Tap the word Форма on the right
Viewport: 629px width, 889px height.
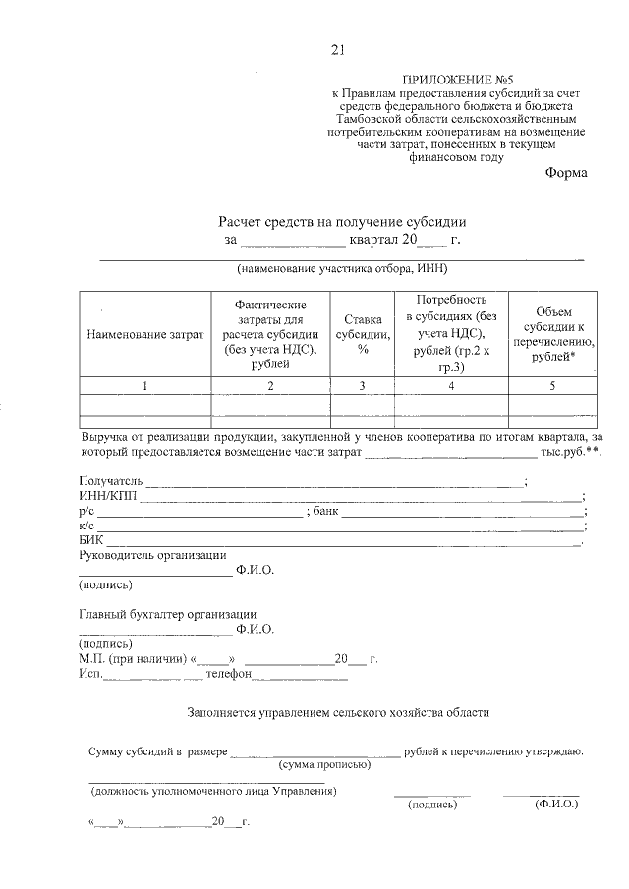pyautogui.click(x=566, y=174)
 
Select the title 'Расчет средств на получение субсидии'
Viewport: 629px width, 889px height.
pyautogui.click(x=342, y=221)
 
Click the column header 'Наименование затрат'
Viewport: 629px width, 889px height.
pyautogui.click(x=144, y=335)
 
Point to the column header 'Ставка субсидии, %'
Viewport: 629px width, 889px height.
pyautogui.click(x=362, y=334)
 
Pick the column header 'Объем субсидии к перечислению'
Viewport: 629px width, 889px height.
pyautogui.click(x=552, y=334)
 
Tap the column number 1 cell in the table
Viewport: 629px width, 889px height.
pyautogui.click(x=144, y=386)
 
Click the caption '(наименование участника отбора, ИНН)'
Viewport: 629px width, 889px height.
pyautogui.click(x=341, y=269)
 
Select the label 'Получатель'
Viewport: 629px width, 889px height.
pyautogui.click(x=111, y=481)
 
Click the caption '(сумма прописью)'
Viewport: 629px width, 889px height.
pyautogui.click(x=324, y=764)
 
